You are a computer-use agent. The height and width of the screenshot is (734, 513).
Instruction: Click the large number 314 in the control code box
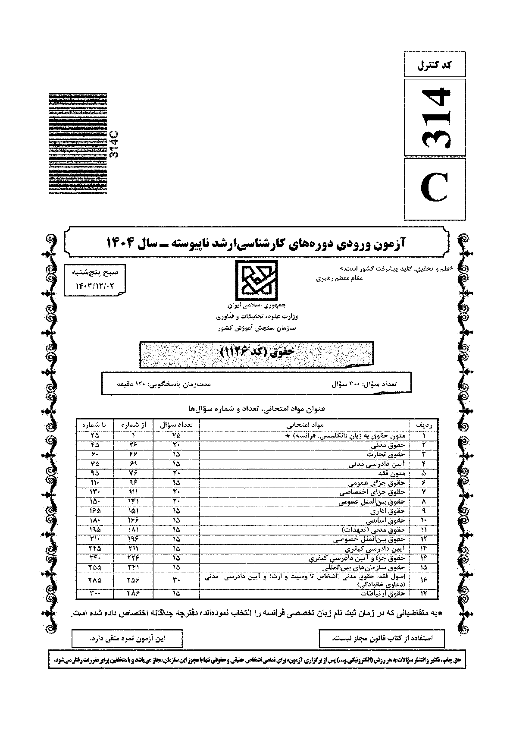coord(435,118)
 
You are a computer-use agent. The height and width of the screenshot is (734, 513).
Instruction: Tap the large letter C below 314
coord(435,189)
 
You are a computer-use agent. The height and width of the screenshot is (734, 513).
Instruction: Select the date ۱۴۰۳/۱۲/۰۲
coord(94,285)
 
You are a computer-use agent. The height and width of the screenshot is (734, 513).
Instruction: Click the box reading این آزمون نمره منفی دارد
coord(127,638)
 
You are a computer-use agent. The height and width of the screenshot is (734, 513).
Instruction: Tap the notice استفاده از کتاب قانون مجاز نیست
coord(382,638)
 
